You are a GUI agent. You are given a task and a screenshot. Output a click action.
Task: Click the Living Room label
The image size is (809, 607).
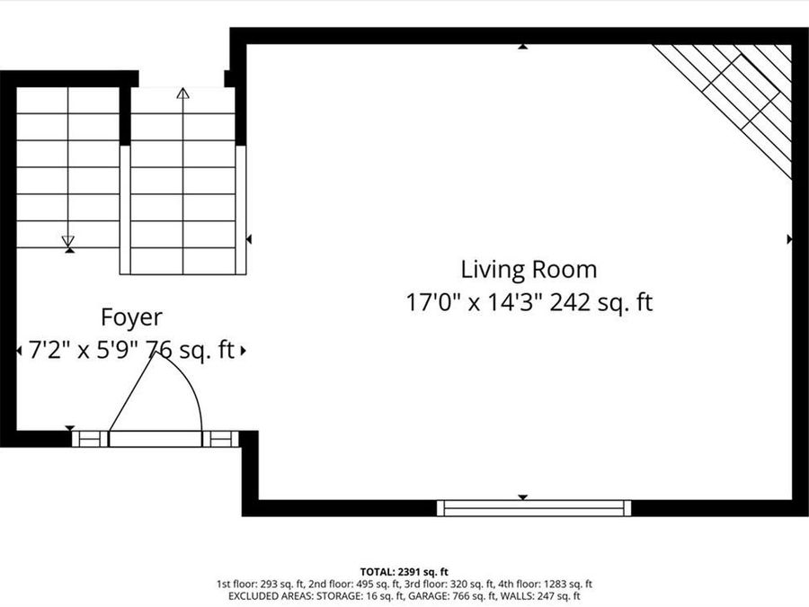point(529,270)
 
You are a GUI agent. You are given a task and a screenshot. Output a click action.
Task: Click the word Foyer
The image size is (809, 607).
point(131,317)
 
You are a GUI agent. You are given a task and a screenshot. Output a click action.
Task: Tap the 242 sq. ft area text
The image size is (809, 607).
point(601,302)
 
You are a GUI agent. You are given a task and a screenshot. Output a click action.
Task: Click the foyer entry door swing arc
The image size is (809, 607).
point(187,379)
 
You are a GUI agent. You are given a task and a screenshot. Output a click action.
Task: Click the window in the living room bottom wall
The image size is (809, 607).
point(534,508)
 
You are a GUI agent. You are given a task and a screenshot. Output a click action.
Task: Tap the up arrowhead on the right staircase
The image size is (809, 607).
point(182,94)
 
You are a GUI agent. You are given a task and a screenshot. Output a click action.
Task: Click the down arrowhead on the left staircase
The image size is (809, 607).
point(68,242)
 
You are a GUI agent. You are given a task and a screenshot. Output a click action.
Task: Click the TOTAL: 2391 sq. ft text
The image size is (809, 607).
point(404,572)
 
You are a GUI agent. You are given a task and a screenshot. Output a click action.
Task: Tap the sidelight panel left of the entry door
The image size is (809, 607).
point(90,439)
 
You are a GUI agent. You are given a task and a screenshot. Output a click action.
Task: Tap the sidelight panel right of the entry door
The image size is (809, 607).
point(221,439)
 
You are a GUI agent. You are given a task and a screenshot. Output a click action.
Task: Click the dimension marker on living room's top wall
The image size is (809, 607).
point(522,47)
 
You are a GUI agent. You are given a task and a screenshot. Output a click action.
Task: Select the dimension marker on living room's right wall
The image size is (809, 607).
point(789,239)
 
